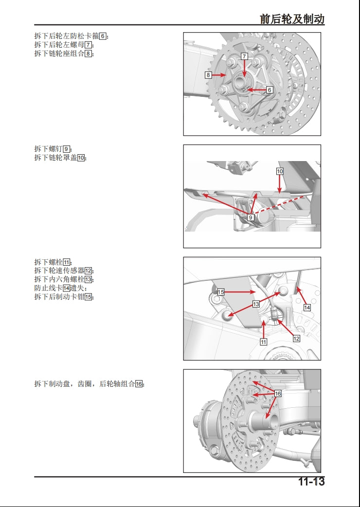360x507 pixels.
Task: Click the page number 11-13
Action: click(x=311, y=482)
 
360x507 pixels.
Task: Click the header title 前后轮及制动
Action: click(x=292, y=19)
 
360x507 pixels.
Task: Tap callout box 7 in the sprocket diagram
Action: click(x=244, y=56)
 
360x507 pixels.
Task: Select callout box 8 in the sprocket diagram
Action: click(x=208, y=75)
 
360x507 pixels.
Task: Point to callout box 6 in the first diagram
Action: click(x=270, y=90)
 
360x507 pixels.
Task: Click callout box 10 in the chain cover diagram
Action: click(x=280, y=171)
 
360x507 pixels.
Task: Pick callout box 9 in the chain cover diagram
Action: click(x=251, y=217)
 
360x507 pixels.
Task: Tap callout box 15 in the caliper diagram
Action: click(x=220, y=292)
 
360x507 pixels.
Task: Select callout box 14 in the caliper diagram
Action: click(x=307, y=308)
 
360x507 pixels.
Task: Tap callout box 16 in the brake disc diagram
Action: click(x=278, y=393)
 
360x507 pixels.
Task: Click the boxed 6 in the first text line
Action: click(x=103, y=36)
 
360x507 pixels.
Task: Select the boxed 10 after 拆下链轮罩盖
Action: click(x=81, y=158)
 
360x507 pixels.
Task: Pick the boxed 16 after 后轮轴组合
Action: click(x=139, y=384)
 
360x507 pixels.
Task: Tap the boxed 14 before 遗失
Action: click(x=67, y=288)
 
